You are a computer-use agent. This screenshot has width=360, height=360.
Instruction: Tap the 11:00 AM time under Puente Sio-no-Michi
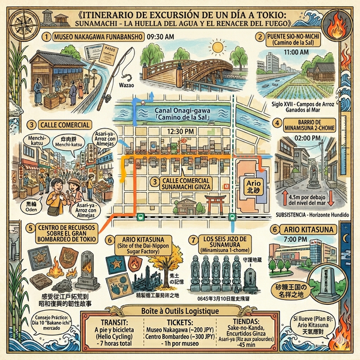(294, 52)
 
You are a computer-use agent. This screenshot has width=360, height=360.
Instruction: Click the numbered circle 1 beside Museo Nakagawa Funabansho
(46, 37)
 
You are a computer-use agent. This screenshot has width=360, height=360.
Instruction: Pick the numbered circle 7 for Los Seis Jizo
(193, 239)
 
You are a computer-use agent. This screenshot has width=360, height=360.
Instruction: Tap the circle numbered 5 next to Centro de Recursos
(30, 229)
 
